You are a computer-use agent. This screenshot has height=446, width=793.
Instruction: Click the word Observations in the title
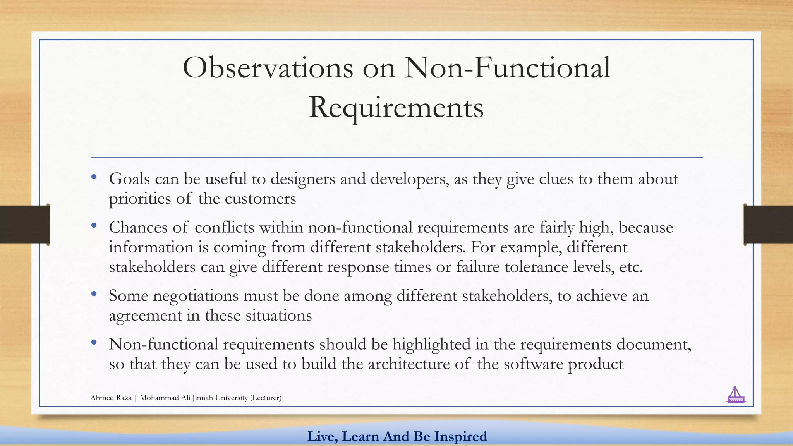coord(268,68)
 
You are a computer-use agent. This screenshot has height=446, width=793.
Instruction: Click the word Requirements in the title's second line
coord(396,108)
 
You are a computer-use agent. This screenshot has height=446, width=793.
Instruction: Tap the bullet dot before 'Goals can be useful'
coord(94,177)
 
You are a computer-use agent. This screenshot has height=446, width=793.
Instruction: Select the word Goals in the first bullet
coord(129,179)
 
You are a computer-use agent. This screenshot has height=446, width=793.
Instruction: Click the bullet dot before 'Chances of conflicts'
coord(94,225)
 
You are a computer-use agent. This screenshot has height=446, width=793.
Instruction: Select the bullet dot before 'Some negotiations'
coord(94,294)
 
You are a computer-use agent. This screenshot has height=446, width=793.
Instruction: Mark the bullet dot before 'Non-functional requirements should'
coord(94,342)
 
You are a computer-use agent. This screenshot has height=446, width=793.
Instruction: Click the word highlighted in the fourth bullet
coord(431,344)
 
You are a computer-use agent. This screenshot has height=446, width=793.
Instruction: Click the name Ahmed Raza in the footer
coord(111,398)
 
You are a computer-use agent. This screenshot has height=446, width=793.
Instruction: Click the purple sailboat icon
coord(735,395)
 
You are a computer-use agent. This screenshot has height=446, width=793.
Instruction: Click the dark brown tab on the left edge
coord(24,225)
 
